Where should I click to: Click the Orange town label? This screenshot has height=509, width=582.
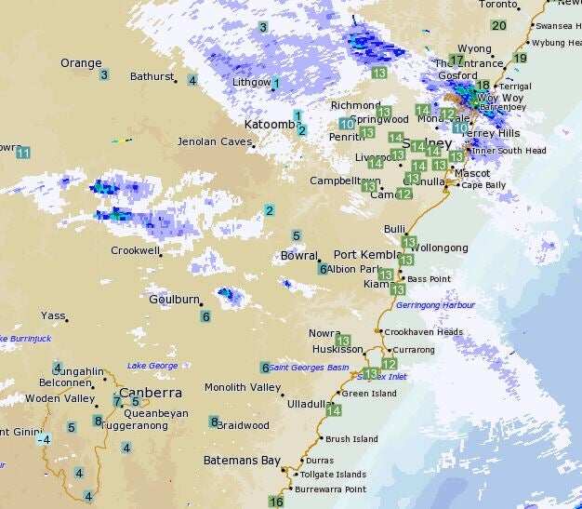click(81, 63)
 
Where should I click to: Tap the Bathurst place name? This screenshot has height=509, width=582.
click(152, 76)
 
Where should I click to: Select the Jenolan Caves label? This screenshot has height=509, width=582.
click(215, 142)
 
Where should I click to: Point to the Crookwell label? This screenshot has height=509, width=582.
click(135, 250)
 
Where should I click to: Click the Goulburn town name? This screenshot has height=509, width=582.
click(174, 300)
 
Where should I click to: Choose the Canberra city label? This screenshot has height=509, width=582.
click(150, 393)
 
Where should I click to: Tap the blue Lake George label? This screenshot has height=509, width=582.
click(152, 366)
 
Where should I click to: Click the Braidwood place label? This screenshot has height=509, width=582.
click(244, 425)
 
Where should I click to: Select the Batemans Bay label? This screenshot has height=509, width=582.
click(242, 461)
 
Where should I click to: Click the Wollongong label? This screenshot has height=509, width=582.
click(441, 248)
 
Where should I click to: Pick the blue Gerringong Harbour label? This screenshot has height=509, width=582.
click(434, 305)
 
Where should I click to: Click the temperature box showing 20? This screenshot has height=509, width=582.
click(499, 26)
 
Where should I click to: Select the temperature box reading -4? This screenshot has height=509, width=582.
click(43, 439)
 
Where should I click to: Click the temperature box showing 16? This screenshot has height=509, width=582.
click(276, 502)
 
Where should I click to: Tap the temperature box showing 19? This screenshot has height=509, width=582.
click(520, 59)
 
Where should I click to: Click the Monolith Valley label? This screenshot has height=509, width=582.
click(242, 387)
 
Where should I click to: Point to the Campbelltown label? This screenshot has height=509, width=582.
click(345, 181)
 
